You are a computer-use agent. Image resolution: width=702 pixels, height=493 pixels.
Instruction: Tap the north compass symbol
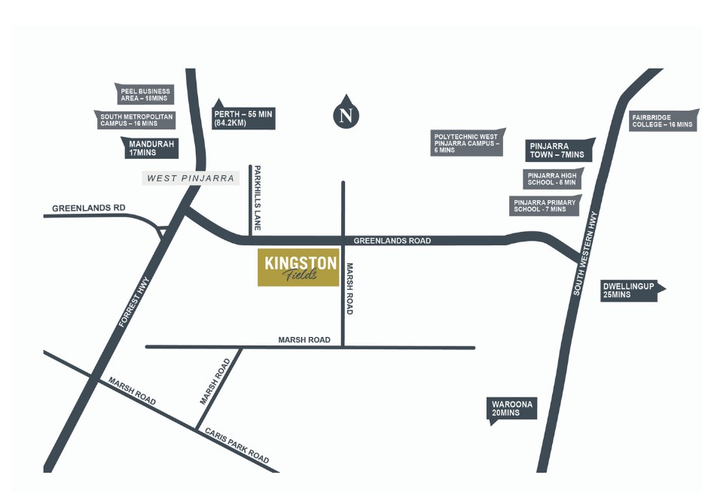click(346, 114)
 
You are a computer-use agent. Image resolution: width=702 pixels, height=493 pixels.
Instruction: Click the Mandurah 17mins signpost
click(151, 148)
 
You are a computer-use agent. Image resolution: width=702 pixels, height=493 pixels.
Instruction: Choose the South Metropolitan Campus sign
click(137, 120)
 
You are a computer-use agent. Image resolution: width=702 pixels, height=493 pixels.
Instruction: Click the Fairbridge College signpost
click(661, 121)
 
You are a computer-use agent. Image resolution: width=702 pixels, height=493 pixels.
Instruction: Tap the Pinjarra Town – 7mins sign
click(559, 150)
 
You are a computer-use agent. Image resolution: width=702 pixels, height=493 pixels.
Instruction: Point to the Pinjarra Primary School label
click(545, 205)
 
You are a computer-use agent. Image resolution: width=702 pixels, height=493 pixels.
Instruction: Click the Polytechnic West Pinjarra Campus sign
click(466, 143)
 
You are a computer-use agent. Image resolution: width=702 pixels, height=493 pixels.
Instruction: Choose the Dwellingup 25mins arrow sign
click(631, 291)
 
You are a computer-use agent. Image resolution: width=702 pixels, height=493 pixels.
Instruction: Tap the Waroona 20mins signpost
click(513, 409)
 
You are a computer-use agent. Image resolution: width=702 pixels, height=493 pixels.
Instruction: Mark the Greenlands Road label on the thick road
click(392, 241)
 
